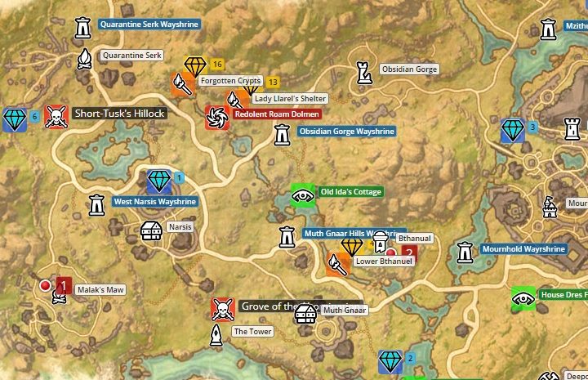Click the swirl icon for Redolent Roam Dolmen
217,116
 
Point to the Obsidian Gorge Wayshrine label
346,132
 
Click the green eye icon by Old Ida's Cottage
303,194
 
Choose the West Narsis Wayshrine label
154,202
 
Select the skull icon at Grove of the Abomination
221,308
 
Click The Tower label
252,332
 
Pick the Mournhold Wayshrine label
523,248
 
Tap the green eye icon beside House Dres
523,298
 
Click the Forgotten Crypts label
229,81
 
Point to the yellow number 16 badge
217,65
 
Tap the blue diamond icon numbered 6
14,118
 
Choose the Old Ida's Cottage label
350,192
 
